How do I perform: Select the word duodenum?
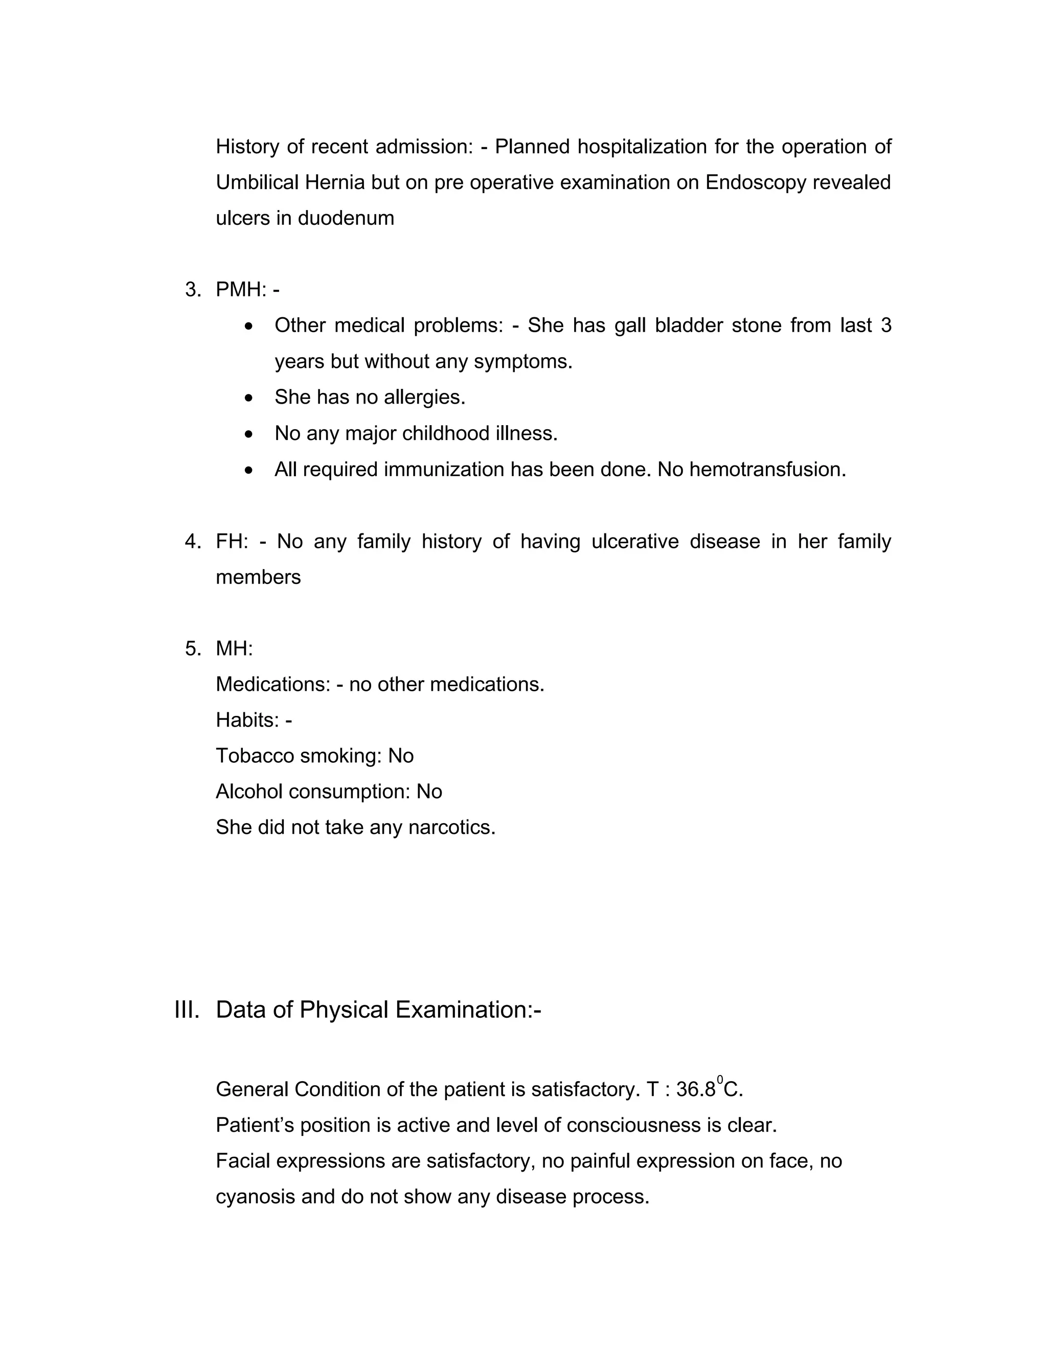346,218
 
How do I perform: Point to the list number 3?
192,290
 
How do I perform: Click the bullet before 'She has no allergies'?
249,398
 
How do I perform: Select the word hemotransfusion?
767,470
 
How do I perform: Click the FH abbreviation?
232,541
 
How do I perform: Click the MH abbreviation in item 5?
234,648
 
